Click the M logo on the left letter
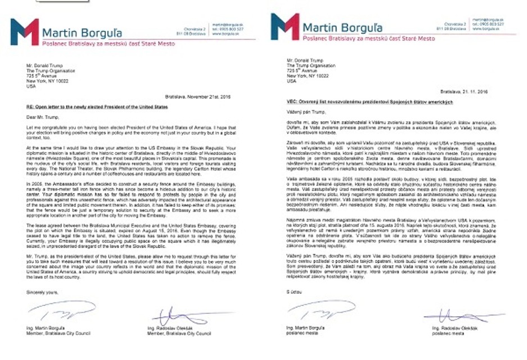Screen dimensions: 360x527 [25, 31]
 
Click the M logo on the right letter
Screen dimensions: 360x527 [285, 26]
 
